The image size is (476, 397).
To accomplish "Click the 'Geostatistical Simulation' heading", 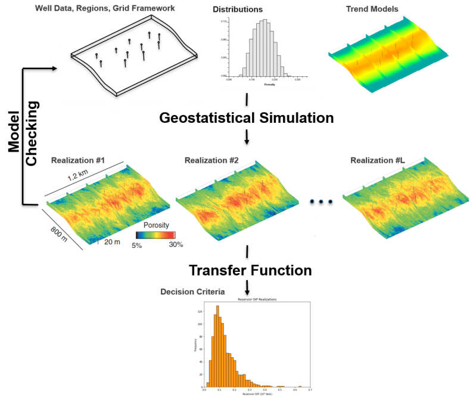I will (x=246, y=117).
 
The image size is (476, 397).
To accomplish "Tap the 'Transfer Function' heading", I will (x=250, y=271).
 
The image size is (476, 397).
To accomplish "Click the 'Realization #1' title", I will (x=78, y=161).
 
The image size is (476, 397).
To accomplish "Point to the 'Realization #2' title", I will (x=211, y=161).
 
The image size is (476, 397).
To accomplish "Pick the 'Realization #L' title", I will (x=377, y=160).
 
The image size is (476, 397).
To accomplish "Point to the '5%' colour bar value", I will (x=136, y=244).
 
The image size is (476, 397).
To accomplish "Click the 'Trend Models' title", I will (x=364, y=9).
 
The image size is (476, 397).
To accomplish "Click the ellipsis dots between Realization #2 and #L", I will (x=321, y=202).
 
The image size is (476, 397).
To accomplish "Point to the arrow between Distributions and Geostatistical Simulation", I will (x=247, y=99).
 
